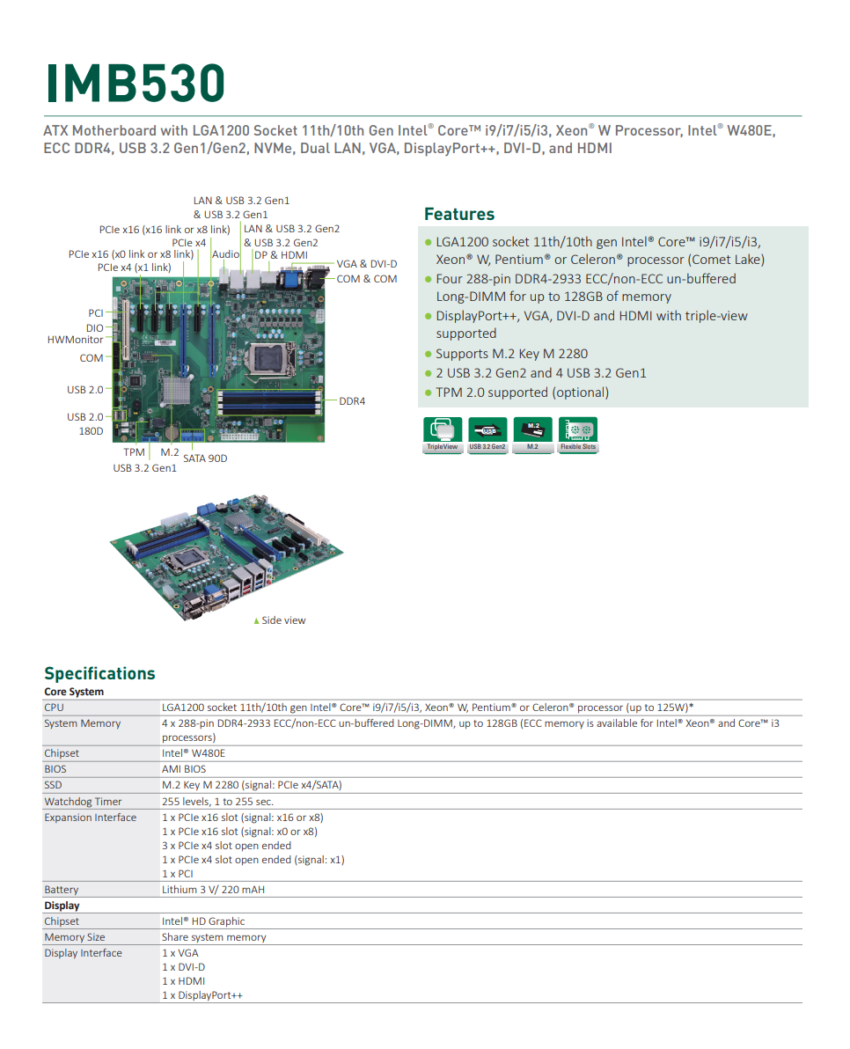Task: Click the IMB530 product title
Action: [136, 83]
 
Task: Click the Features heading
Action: [458, 214]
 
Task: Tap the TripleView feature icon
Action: [442, 434]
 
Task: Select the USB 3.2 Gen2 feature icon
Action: [487, 434]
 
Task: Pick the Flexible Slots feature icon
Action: [577, 434]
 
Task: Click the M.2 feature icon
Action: [532, 434]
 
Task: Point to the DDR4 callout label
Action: [352, 401]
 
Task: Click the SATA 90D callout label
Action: [205, 458]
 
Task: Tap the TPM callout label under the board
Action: [134, 452]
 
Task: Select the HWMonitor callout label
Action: [75, 340]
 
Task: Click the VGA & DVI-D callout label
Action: [366, 264]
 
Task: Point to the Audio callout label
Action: [226, 254]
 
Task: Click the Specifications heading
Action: [99, 673]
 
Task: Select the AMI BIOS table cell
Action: [183, 769]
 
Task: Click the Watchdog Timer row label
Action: [83, 802]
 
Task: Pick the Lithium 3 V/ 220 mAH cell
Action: [213, 890]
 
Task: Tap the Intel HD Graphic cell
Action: [202, 921]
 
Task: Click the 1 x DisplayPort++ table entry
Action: [202, 995]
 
